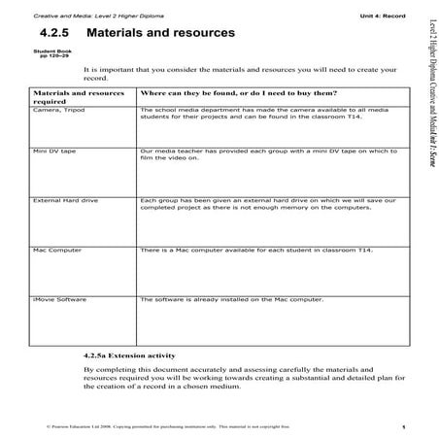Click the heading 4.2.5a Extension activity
coord(132,355)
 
